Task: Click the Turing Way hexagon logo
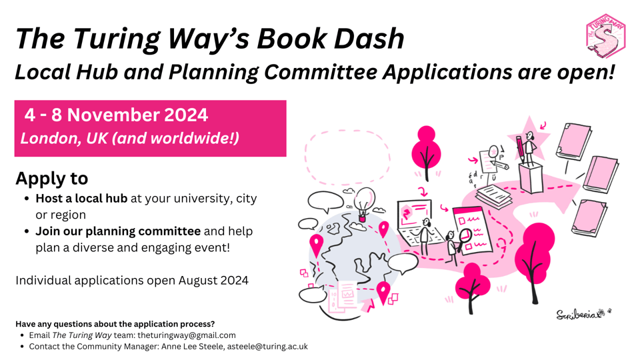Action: coord(605,36)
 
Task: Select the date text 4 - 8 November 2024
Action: coord(116,115)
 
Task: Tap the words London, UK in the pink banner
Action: coord(64,139)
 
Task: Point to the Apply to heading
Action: coord(52,179)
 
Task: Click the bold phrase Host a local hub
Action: coord(81,199)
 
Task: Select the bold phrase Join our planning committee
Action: coord(118,231)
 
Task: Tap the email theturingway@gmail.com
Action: coord(187,335)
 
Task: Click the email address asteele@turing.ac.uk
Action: coord(267,347)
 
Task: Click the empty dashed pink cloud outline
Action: coord(347,157)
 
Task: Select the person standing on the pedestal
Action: coord(529,149)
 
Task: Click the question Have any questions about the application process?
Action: coord(115,324)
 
